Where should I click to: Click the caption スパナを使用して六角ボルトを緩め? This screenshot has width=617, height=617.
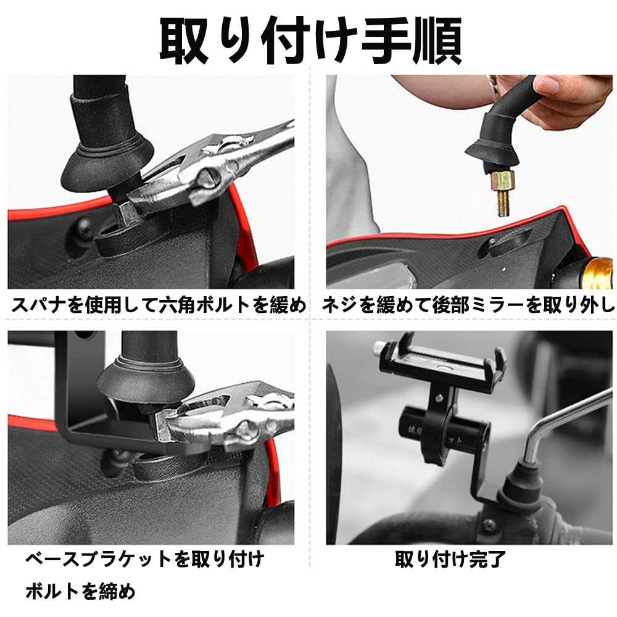[x=159, y=305]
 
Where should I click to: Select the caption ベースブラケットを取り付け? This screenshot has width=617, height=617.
[x=145, y=559]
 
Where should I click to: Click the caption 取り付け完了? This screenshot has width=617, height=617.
[x=450, y=559]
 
